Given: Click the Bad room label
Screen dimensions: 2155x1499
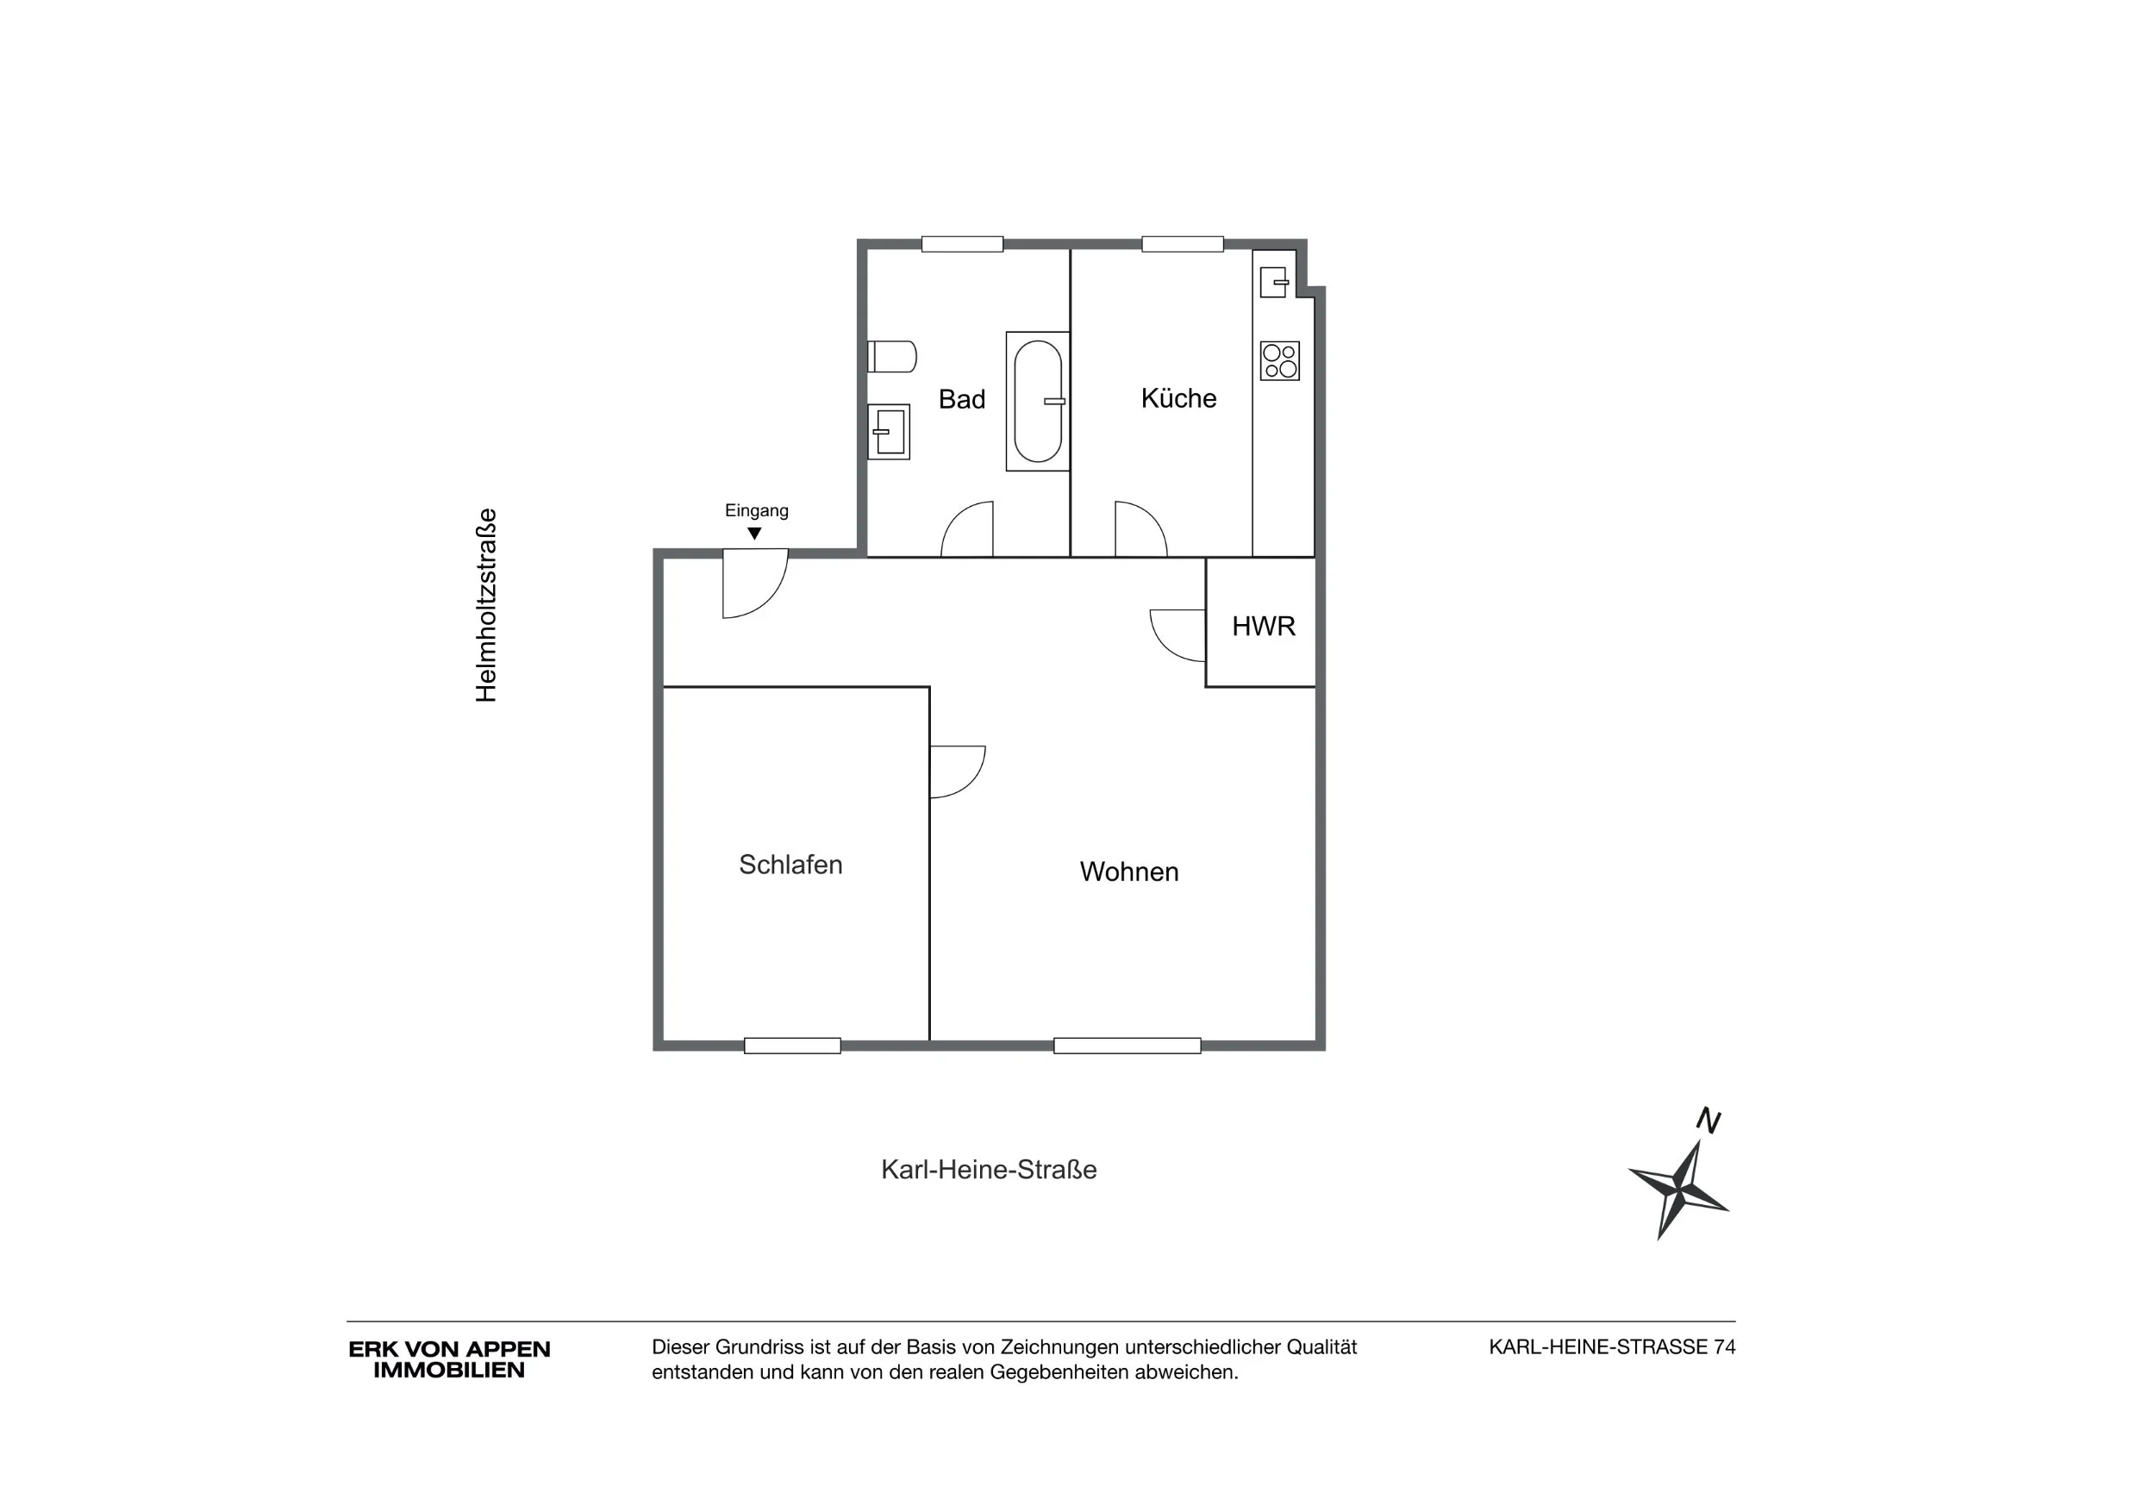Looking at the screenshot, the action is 961,399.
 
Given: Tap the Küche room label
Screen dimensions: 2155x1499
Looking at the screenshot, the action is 1178,398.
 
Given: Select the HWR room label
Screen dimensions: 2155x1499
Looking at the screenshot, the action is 1264,626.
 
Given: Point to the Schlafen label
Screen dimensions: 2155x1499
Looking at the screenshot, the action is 790,865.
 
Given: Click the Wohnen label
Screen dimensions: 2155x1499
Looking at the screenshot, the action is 1129,872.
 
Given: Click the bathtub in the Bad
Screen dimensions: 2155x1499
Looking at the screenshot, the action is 1037,401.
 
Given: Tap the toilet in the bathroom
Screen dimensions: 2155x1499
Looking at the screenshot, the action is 890,357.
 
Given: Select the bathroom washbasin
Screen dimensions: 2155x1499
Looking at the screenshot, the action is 888,432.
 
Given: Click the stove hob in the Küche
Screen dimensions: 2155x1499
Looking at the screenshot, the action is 1279,360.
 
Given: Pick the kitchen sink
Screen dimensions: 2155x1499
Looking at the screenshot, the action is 1274,282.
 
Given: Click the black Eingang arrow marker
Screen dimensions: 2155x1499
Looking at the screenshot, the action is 753,534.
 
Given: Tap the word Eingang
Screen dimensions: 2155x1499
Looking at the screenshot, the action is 757,510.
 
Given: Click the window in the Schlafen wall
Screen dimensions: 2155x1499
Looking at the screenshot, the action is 792,1046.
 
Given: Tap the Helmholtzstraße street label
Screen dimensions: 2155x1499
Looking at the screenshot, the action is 485,605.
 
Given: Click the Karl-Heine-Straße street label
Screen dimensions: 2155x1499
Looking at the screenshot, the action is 989,1170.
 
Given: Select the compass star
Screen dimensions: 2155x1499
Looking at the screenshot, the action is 1678,1190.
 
